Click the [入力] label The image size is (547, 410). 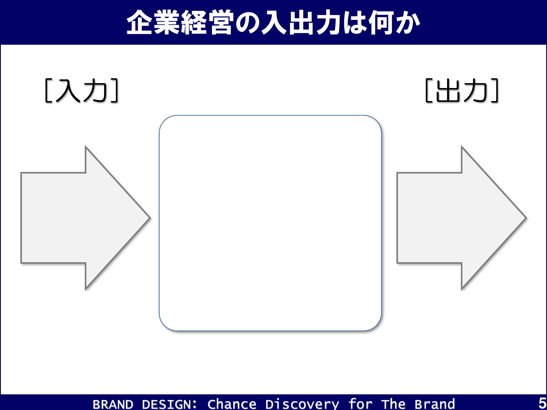[x=81, y=90]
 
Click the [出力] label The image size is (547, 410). [x=462, y=90]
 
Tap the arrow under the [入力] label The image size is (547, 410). [x=85, y=218]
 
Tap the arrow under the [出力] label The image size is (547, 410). [x=461, y=218]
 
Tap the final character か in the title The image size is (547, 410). [x=408, y=23]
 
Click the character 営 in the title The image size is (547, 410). [x=220, y=22]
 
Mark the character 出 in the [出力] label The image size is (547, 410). [x=448, y=90]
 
